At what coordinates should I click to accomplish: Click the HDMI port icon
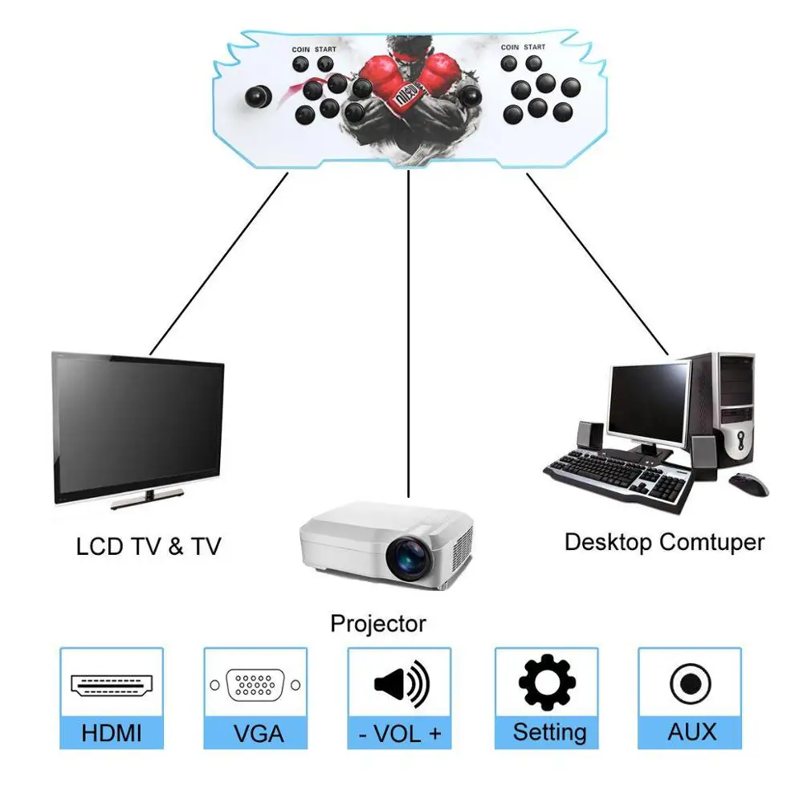[112, 685]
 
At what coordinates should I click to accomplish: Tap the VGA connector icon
[255, 685]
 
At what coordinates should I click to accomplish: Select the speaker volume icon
[401, 683]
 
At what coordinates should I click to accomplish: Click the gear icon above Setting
[547, 682]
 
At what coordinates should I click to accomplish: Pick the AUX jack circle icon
[691, 684]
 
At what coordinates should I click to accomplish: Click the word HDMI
[112, 733]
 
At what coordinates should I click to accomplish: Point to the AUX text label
[692, 732]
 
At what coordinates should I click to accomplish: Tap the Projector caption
[378, 624]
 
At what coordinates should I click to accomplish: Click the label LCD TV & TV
[149, 546]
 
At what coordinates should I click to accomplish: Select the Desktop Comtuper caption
[664, 542]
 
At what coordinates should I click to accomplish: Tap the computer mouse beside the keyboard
[748, 483]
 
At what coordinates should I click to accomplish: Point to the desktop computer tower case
[728, 410]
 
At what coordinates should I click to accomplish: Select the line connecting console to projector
[408, 334]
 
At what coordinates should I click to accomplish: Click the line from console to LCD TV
[218, 263]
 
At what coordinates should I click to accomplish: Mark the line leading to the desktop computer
[597, 264]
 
